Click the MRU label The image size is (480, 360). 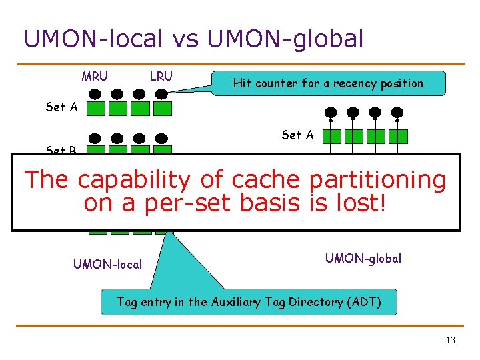coord(95,76)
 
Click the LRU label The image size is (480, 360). coord(161,76)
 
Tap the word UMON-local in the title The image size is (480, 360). coord(93,39)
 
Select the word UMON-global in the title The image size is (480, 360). coord(285,39)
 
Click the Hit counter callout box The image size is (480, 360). coord(327,83)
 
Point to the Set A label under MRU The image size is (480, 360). coord(61,107)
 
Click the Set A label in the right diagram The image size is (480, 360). coord(297,135)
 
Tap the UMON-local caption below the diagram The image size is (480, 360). coord(107,264)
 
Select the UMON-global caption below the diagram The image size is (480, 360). coord(363,258)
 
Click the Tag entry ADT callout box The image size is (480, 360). coord(249,302)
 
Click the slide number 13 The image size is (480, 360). coord(450,341)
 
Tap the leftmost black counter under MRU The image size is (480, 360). coord(96,94)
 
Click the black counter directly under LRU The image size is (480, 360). coord(162,94)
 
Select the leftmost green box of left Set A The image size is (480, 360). coord(96,108)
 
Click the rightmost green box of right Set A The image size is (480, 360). coord(398,136)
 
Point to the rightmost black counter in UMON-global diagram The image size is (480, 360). coord(397,112)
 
